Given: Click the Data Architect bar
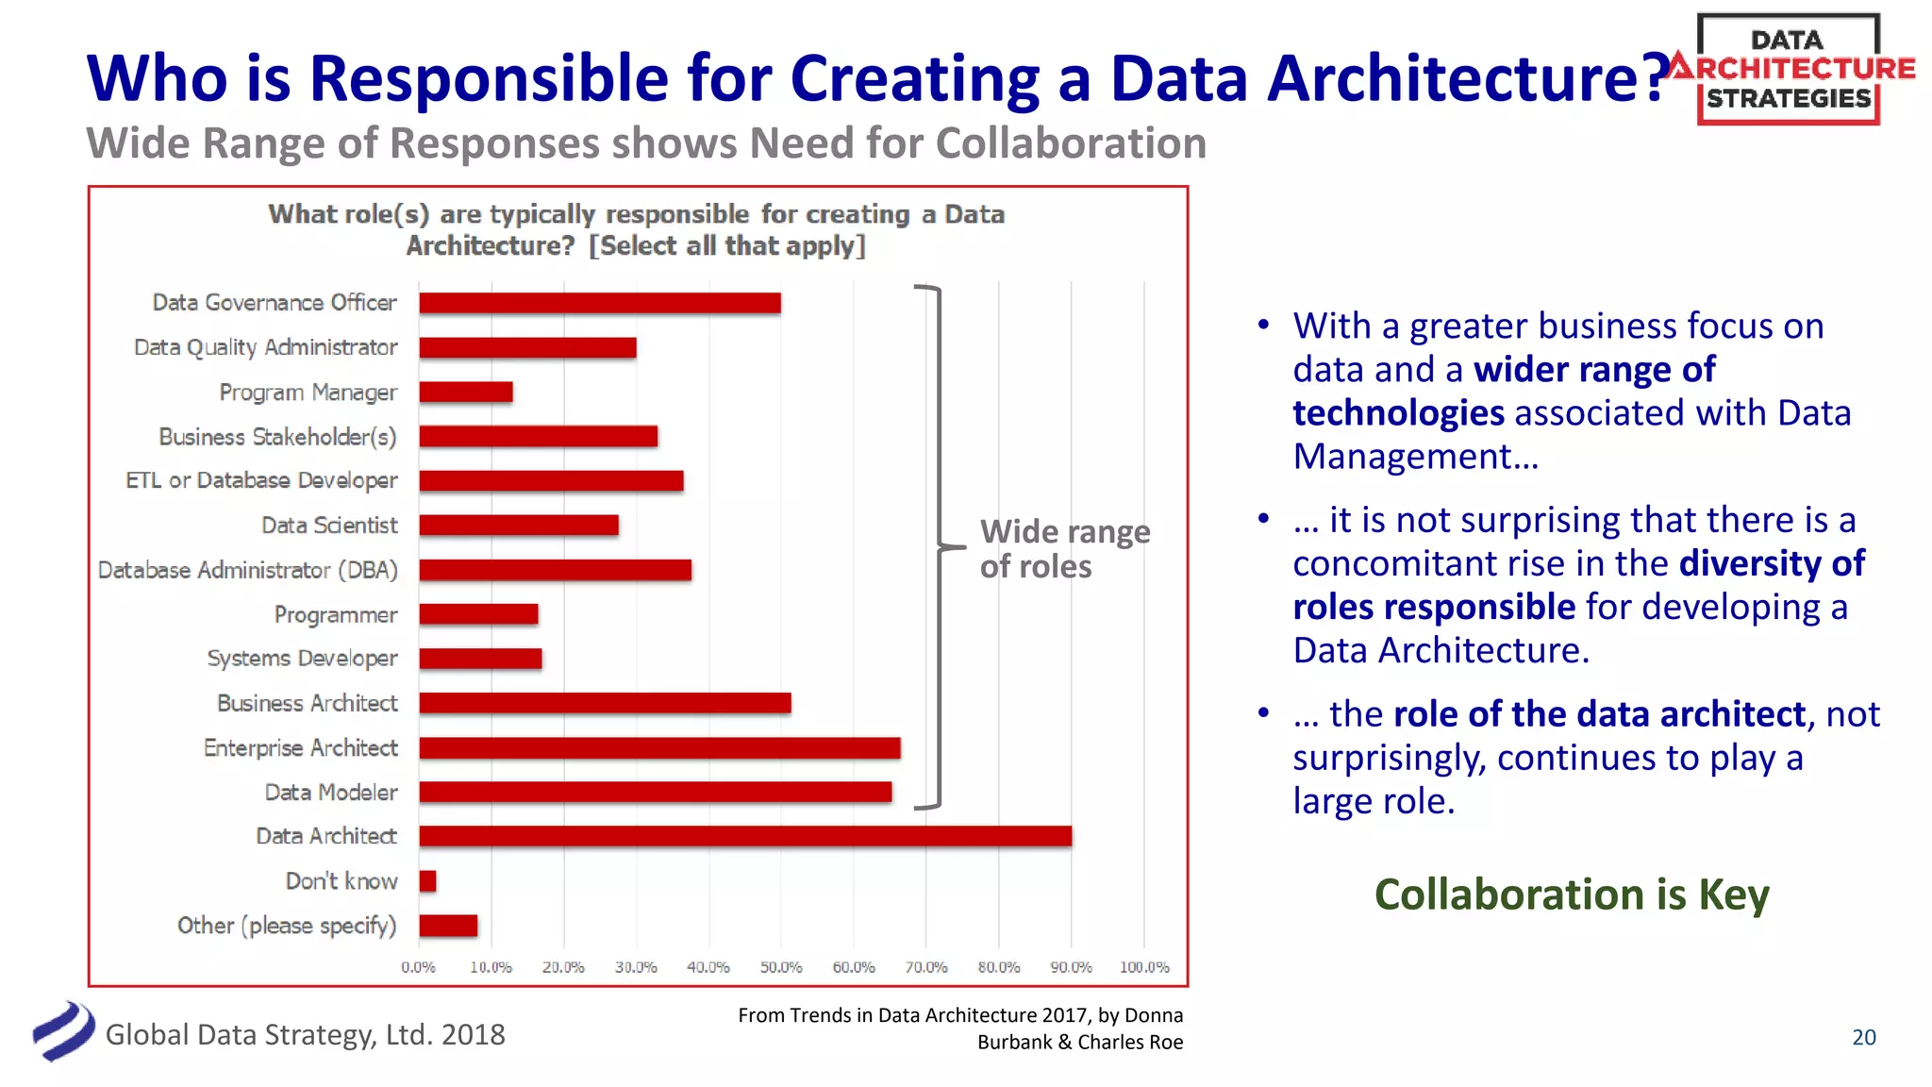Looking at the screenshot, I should click(x=745, y=836).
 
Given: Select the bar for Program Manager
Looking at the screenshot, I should click(x=466, y=392).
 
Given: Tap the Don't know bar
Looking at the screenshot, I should click(x=427, y=880).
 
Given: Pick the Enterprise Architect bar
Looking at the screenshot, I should click(x=659, y=748).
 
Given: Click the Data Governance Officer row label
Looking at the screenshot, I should click(x=275, y=303).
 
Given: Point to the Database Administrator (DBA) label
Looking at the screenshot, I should click(x=248, y=570).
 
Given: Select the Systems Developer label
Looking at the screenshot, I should click(x=302, y=659).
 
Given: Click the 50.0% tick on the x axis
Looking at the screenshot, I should click(x=781, y=967).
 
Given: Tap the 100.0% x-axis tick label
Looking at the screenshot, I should click(x=1144, y=967).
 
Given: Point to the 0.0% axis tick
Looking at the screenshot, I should click(x=418, y=967).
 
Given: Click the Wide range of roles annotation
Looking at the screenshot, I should click(x=1064, y=549).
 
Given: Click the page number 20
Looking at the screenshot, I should click(x=1864, y=1037).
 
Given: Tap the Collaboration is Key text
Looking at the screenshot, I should click(x=1572, y=895).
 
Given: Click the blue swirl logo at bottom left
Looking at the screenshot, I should click(x=63, y=1031).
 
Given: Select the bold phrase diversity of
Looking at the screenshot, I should click(x=1772, y=563).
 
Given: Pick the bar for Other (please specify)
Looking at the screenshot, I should click(x=448, y=926).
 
